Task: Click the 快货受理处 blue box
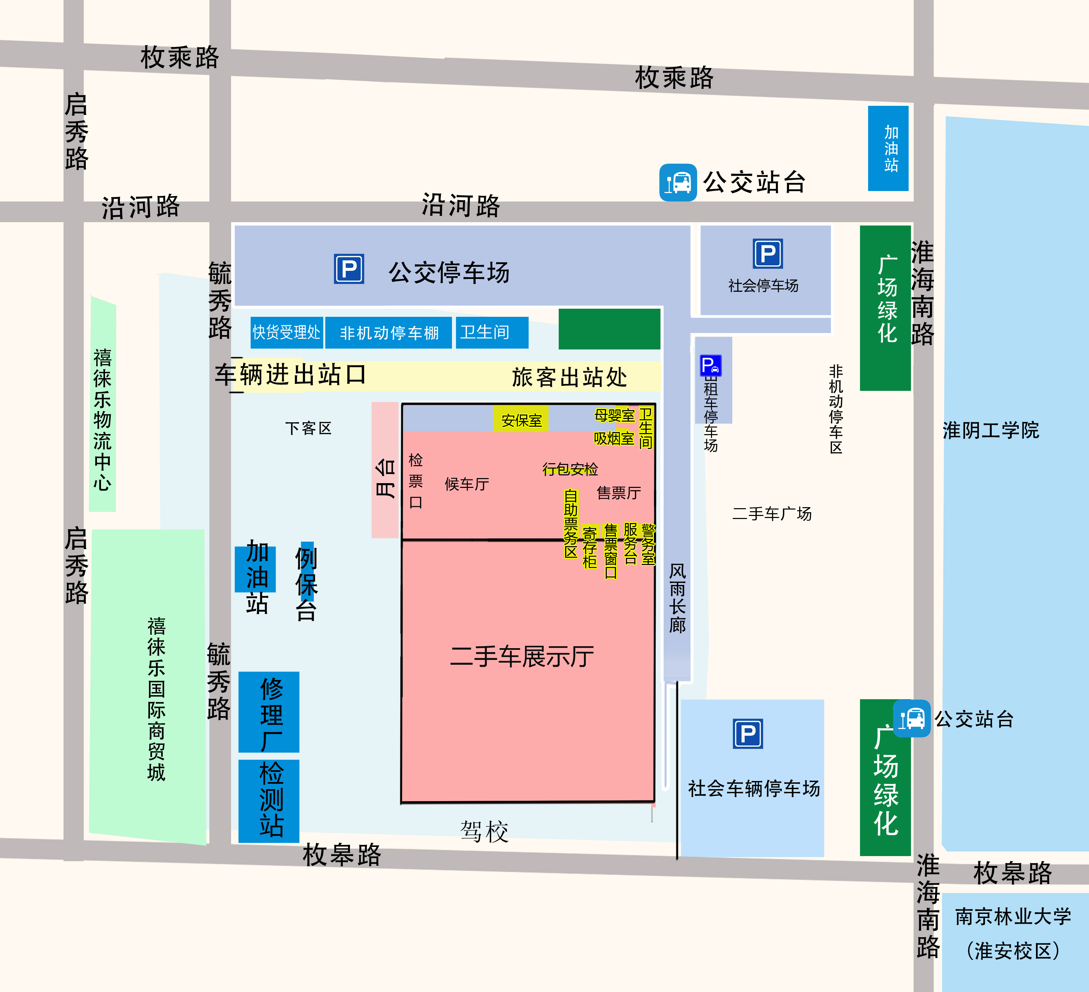click(x=287, y=332)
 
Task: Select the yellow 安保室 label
click(x=521, y=420)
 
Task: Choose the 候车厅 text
click(x=467, y=484)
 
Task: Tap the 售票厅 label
click(x=618, y=493)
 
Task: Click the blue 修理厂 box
click(x=269, y=712)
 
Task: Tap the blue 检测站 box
click(x=269, y=801)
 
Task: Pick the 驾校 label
click(x=484, y=831)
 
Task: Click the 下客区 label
click(x=308, y=428)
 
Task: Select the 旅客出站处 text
click(x=569, y=377)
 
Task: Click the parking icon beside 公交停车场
click(x=349, y=269)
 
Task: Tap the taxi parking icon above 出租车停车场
click(x=710, y=365)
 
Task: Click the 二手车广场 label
click(x=771, y=514)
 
